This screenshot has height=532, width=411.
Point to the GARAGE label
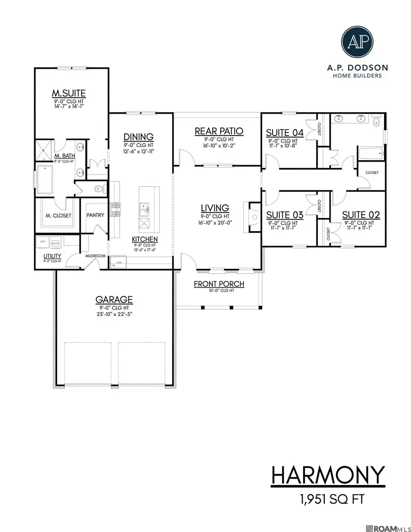(114, 300)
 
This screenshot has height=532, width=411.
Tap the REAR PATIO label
(219, 131)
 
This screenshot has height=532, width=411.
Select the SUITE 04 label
(285, 133)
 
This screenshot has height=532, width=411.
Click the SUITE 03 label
(285, 215)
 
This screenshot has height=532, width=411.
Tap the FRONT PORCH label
(219, 284)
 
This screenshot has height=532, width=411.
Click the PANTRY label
(95, 215)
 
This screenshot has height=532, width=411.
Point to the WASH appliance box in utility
(55, 243)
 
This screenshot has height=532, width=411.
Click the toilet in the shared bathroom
(376, 121)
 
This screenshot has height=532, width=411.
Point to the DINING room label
(138, 137)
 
